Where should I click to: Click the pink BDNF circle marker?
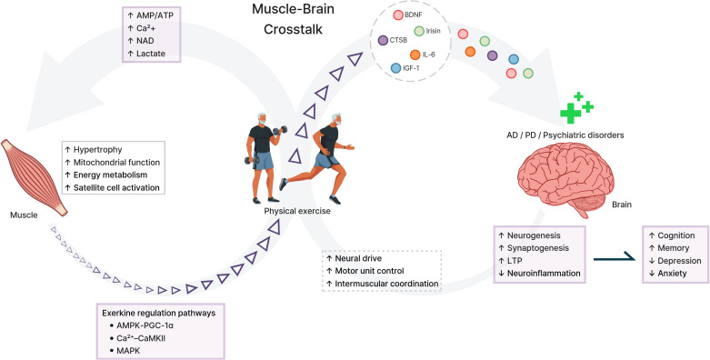pyautogui.click(x=397, y=15)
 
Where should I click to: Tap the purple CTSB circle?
pyautogui.click(x=383, y=40)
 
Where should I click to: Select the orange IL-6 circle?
pyautogui.click(x=415, y=55)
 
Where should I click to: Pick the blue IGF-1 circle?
pyautogui.click(x=395, y=68)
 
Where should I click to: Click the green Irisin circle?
pyautogui.click(x=419, y=31)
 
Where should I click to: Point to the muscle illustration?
pyautogui.click(x=34, y=177)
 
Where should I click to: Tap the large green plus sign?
pyautogui.click(x=571, y=113)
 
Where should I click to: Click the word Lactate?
pyautogui.click(x=151, y=54)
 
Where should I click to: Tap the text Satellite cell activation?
pyautogui.click(x=116, y=187)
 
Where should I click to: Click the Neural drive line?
pyautogui.click(x=354, y=258)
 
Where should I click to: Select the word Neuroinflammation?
pyautogui.click(x=544, y=274)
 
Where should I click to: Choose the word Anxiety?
pyautogui.click(x=672, y=274)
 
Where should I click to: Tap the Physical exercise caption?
pyautogui.click(x=297, y=211)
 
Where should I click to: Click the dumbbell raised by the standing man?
pyautogui.click(x=280, y=131)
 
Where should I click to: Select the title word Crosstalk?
pyautogui.click(x=293, y=29)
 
